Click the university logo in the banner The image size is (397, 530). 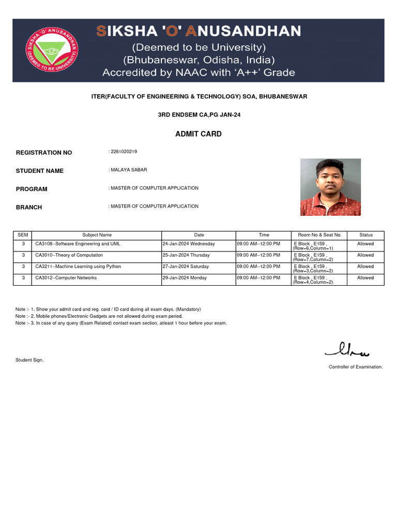click(52, 50)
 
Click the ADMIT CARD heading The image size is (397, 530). click(198, 134)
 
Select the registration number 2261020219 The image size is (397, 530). click(124, 152)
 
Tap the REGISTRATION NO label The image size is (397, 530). click(44, 153)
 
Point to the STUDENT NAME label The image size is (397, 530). click(40, 171)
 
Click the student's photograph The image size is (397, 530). click(330, 187)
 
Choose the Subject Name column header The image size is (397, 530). click(97, 235)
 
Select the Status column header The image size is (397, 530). click(365, 235)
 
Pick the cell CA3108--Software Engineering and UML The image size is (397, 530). click(78, 244)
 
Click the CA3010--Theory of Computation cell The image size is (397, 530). click(69, 255)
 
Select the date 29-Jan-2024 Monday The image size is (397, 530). click(185, 278)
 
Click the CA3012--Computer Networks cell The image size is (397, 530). click(66, 278)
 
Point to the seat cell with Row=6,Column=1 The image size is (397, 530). click(313, 246)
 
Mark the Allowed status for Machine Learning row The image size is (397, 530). click(365, 267)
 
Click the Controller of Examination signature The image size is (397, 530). click(347, 351)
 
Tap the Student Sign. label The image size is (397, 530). click(29, 360)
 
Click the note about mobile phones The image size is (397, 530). click(99, 316)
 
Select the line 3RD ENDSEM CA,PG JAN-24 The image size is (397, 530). click(198, 115)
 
